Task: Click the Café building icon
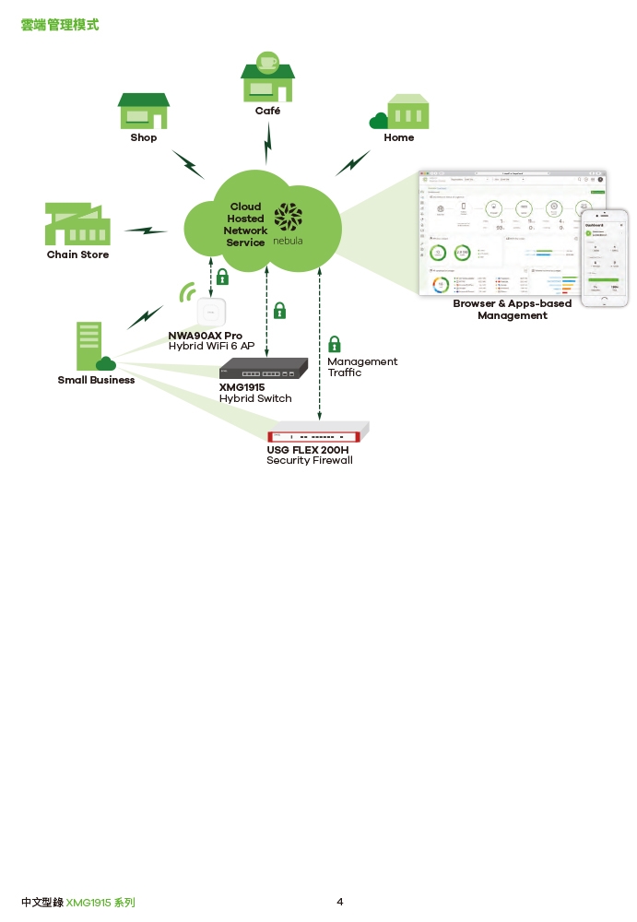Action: tap(267, 78)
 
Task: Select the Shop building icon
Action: tap(143, 112)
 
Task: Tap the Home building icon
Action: tap(402, 112)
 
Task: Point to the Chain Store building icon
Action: tap(77, 224)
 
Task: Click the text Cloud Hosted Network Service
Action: tap(245, 225)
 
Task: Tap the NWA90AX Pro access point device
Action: tap(212, 313)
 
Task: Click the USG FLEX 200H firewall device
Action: tap(318, 433)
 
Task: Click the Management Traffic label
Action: tap(362, 367)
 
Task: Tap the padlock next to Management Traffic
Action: tap(335, 345)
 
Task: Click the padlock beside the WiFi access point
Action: tap(222, 277)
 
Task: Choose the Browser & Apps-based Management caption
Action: tap(512, 309)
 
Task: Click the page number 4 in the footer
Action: tap(340, 902)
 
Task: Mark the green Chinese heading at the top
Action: tap(59, 25)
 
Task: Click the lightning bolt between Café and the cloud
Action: tap(268, 142)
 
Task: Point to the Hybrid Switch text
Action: tap(255, 398)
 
